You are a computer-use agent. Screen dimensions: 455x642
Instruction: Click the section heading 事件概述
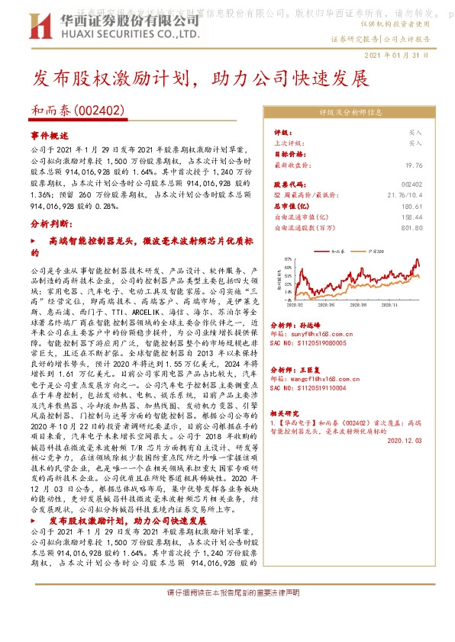(x=50, y=134)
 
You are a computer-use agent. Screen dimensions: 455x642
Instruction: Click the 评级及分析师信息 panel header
(x=347, y=111)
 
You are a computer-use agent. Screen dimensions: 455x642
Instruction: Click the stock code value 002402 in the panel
(x=411, y=185)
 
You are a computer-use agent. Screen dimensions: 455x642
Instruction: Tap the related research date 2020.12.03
(x=405, y=440)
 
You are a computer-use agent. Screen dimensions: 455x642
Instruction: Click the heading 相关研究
(x=286, y=412)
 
